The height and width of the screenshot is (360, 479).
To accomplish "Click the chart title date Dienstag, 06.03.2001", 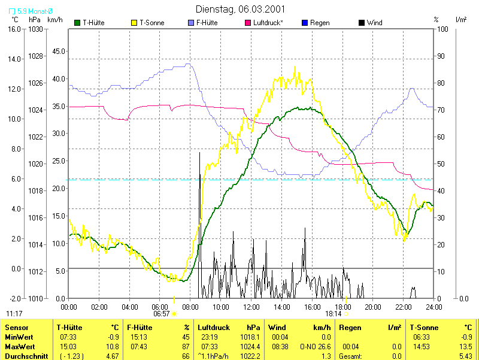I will [x=240, y=9].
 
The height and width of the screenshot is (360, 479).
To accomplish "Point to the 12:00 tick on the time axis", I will [x=251, y=307].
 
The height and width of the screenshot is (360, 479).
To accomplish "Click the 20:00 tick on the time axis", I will [x=373, y=307].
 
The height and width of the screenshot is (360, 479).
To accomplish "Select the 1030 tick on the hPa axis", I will [x=35, y=29].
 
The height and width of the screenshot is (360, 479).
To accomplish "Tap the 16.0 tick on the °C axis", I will [x=14, y=29].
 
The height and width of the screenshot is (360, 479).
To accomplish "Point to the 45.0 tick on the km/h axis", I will [x=59, y=51].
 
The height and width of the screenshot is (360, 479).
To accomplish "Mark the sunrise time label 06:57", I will [x=162, y=313].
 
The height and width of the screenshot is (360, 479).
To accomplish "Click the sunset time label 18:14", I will [x=334, y=313].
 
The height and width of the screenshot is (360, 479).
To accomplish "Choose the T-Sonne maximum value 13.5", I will [x=467, y=346].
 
